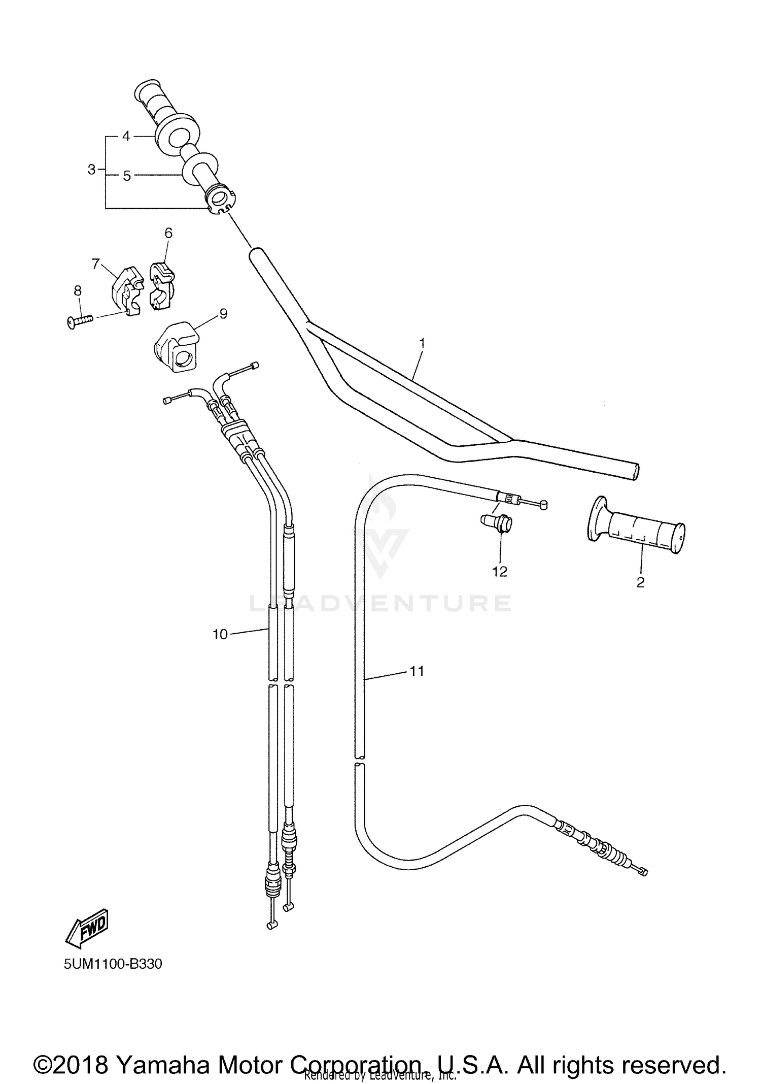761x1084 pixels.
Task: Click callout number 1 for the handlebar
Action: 422,344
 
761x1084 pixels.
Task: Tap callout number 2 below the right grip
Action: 640,582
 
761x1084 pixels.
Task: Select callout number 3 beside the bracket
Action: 91,170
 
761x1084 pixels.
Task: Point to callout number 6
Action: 168,233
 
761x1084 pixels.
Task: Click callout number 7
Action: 95,264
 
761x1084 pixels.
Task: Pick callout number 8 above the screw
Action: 78,290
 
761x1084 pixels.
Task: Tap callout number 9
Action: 223,313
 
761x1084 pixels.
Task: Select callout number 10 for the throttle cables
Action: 220,634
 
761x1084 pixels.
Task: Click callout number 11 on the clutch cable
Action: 417,671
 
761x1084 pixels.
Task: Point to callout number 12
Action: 500,572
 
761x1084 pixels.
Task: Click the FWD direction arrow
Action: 87,929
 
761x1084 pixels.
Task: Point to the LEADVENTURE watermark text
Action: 380,603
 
